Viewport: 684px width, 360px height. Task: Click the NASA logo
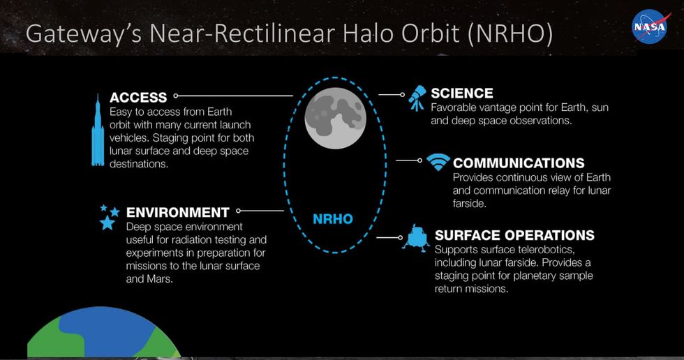tap(649, 27)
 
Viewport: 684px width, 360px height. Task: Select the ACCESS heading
tap(138, 98)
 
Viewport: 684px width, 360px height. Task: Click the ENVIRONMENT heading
tap(177, 213)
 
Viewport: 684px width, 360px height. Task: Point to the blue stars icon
tap(108, 217)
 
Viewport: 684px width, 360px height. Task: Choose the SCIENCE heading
tap(461, 93)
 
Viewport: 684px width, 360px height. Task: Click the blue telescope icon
tap(417, 98)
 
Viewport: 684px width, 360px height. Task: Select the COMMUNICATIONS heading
tap(519, 163)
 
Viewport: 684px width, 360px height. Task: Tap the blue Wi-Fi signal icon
tap(438, 163)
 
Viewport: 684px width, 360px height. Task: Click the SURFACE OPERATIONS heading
tap(514, 235)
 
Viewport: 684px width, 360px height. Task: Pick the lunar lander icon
tap(415, 238)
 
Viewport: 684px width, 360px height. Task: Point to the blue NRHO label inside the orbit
tap(332, 219)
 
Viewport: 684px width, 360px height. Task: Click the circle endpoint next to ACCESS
tap(176, 95)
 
